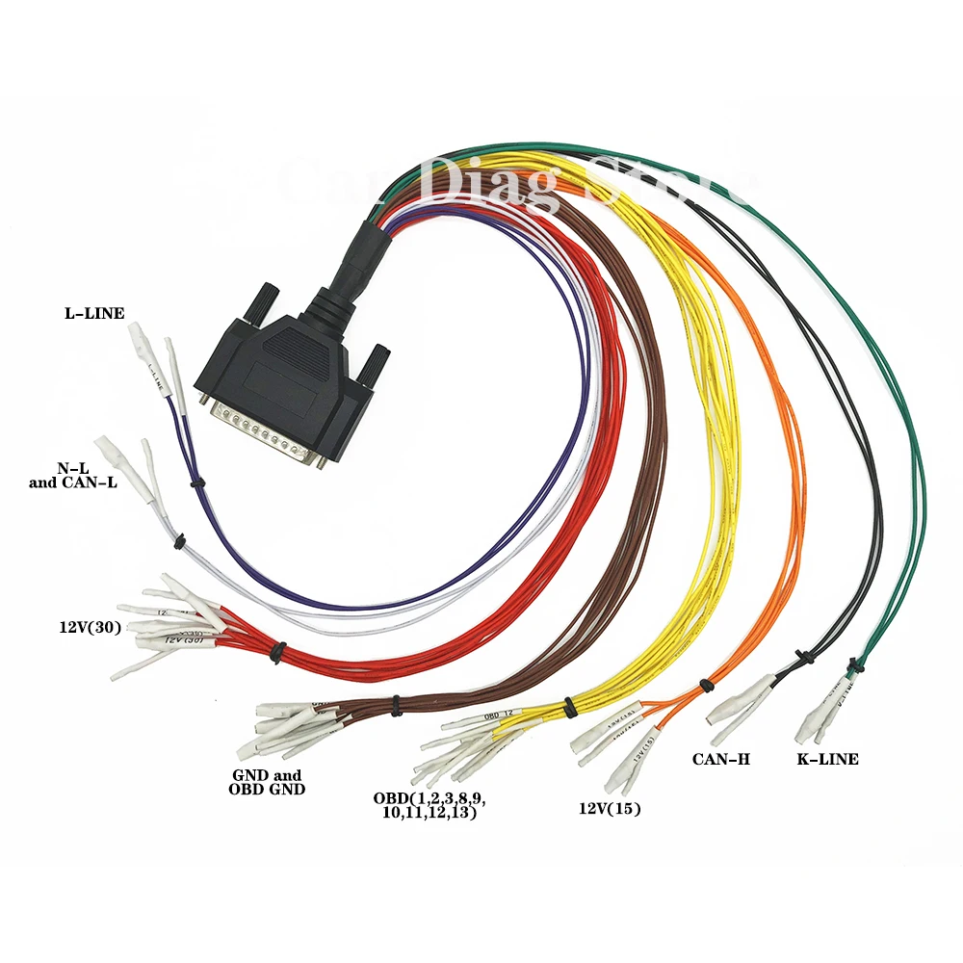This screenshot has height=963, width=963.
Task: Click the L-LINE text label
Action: [94, 313]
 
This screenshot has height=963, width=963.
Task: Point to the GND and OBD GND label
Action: [267, 782]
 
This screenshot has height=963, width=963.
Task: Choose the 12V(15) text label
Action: [610, 809]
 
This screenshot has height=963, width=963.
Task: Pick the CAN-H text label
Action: [720, 760]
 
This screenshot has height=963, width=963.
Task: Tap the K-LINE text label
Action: [826, 759]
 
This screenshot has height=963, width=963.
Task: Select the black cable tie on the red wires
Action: [277, 652]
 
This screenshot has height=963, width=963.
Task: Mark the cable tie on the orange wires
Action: [706, 685]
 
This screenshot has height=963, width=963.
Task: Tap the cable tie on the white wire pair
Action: [179, 543]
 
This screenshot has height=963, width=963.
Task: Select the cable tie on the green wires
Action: [853, 664]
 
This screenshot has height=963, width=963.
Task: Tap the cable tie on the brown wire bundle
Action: [396, 708]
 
